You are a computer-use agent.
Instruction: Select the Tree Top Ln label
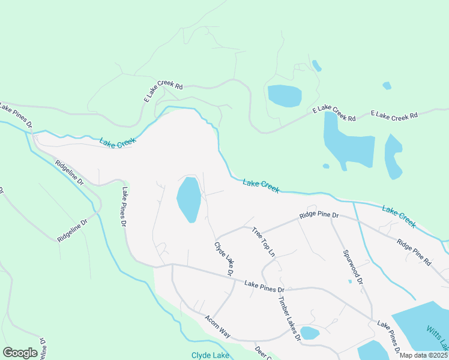pyautogui.click(x=263, y=242)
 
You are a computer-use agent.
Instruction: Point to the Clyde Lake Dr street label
pyautogui.click(x=224, y=259)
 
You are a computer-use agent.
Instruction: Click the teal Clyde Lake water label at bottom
pyautogui.click(x=210, y=355)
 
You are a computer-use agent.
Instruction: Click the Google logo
pyautogui.click(x=20, y=352)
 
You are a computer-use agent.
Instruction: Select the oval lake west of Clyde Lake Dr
pyautogui.click(x=188, y=199)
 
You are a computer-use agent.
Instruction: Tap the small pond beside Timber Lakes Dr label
pyautogui.click(x=310, y=333)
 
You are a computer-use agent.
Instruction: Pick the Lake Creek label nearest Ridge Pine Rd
pyautogui.click(x=399, y=217)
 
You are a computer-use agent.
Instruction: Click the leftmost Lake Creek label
pyautogui.click(x=118, y=142)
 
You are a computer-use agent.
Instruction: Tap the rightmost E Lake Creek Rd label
pyautogui.click(x=394, y=115)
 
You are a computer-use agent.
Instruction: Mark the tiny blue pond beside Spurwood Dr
pyautogui.click(x=349, y=281)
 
